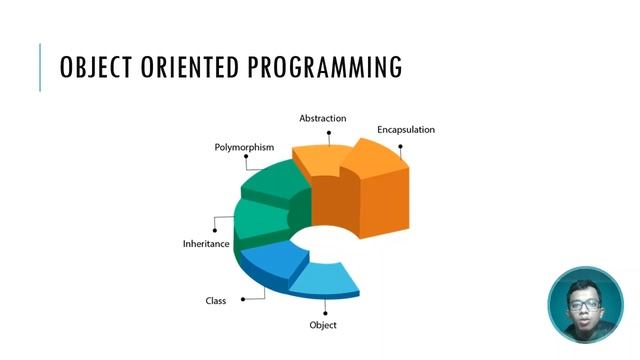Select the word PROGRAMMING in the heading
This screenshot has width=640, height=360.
click(x=326, y=68)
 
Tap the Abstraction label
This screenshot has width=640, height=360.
click(x=322, y=118)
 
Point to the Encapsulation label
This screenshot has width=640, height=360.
click(x=405, y=130)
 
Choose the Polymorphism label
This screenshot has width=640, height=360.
click(x=244, y=147)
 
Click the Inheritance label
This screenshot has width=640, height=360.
click(x=206, y=244)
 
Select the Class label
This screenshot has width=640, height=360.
click(x=216, y=300)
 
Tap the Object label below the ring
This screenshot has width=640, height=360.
click(x=323, y=325)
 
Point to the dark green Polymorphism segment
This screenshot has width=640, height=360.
click(x=272, y=180)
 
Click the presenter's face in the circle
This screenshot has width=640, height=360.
click(x=585, y=305)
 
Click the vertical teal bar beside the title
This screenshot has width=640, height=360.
click(x=41, y=68)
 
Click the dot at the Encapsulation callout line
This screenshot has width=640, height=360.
click(x=400, y=146)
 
